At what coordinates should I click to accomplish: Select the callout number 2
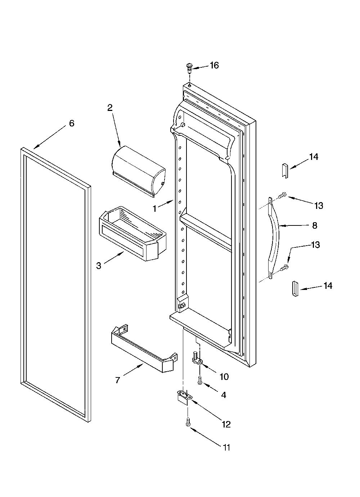point(110,108)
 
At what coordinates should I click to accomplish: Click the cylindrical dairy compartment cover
point(139,171)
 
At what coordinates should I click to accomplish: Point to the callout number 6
point(72,123)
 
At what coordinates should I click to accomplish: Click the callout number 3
point(99,265)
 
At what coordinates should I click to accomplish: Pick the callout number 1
point(154,209)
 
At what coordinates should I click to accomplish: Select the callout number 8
point(315,226)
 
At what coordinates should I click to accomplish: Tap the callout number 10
point(224,376)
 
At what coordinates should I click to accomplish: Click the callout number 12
point(226,424)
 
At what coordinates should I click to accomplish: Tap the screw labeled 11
point(188,422)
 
